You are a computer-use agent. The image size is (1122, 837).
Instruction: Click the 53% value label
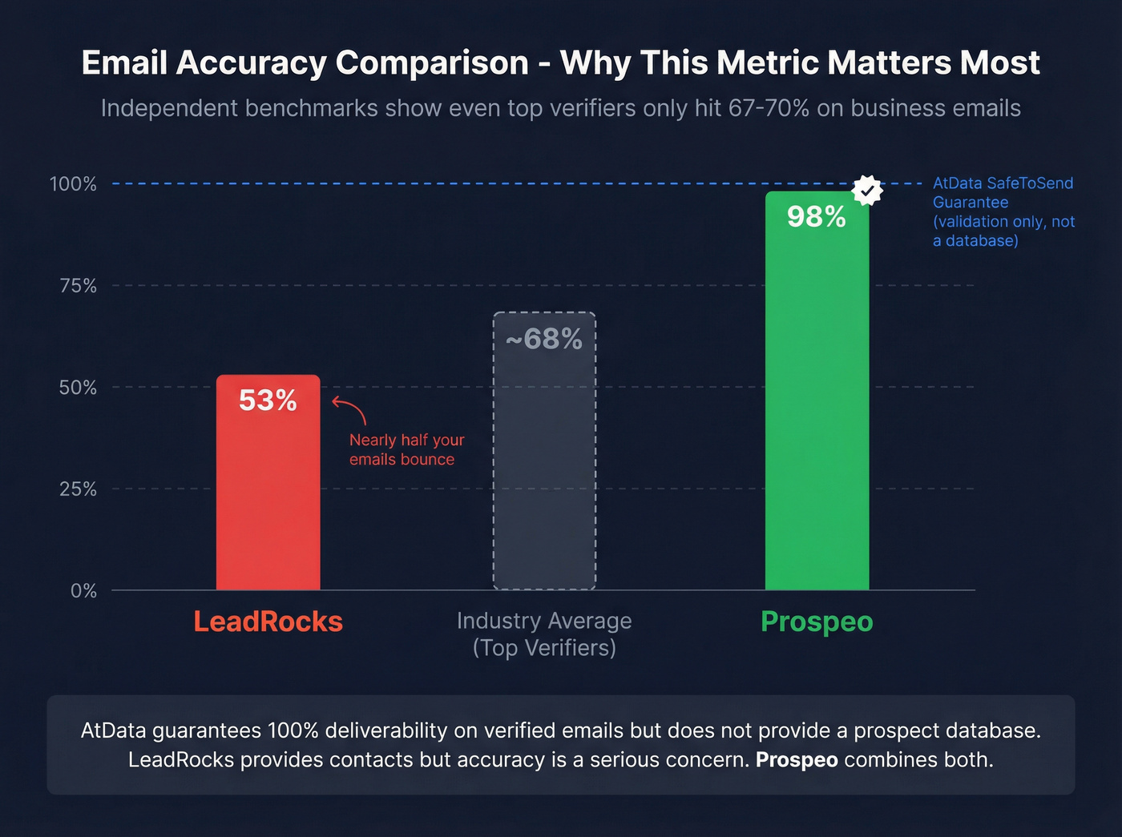coord(268,400)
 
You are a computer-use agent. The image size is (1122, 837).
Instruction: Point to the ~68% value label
coord(544,340)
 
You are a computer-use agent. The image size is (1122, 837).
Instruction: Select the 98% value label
coord(816,217)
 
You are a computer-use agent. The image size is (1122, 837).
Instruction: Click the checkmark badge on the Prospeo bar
coord(867,191)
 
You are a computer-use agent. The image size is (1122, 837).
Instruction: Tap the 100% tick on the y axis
coord(73,184)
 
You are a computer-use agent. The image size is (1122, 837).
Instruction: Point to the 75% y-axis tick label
coord(78,286)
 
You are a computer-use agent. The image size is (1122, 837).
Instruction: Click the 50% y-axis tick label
coord(78,388)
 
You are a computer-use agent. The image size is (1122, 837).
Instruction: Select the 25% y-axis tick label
coord(78,489)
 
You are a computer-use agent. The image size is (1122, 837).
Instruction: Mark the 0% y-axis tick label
coord(83,591)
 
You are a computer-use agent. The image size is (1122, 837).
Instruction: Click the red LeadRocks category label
coord(268,622)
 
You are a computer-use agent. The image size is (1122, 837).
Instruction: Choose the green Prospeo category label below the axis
coord(817,622)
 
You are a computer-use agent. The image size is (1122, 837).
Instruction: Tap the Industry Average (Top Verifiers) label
coord(544,634)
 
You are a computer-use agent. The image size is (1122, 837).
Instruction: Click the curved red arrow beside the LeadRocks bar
coord(349,409)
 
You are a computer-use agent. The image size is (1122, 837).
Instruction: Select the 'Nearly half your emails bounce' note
coord(406,449)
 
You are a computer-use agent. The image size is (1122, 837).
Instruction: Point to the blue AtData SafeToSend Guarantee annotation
coord(1003,212)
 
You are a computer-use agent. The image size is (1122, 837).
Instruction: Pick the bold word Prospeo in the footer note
coord(797,759)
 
